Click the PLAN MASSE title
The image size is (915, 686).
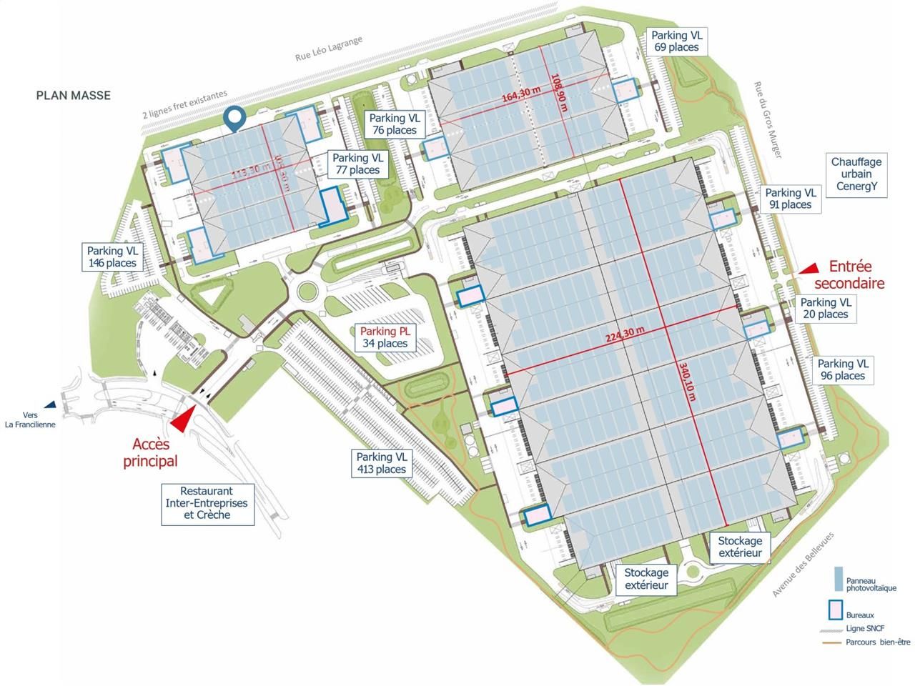(x=74, y=95)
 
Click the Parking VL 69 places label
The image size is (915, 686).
(x=676, y=41)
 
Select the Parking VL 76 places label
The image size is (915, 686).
(x=393, y=124)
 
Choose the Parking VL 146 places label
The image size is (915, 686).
(x=112, y=257)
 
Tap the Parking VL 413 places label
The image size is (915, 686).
(x=382, y=463)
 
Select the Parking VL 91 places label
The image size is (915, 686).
(x=790, y=199)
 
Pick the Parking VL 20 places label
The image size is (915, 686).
(x=825, y=308)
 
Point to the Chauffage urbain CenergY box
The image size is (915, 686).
(x=856, y=175)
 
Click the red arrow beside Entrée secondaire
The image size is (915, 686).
(x=809, y=268)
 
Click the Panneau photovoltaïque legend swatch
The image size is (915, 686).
(x=837, y=577)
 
